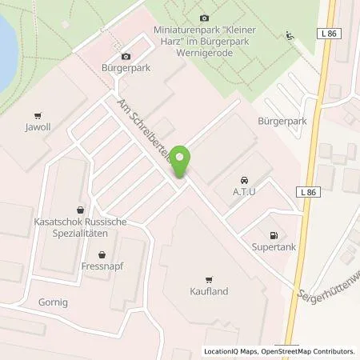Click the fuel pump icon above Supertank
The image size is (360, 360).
point(273,235)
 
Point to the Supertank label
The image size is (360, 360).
point(272,247)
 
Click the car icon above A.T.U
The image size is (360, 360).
point(244,180)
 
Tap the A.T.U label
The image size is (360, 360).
point(244,192)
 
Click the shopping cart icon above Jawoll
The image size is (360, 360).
point(37,114)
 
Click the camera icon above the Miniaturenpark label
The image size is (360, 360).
point(203,18)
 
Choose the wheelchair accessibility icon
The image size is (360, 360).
point(289,35)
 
